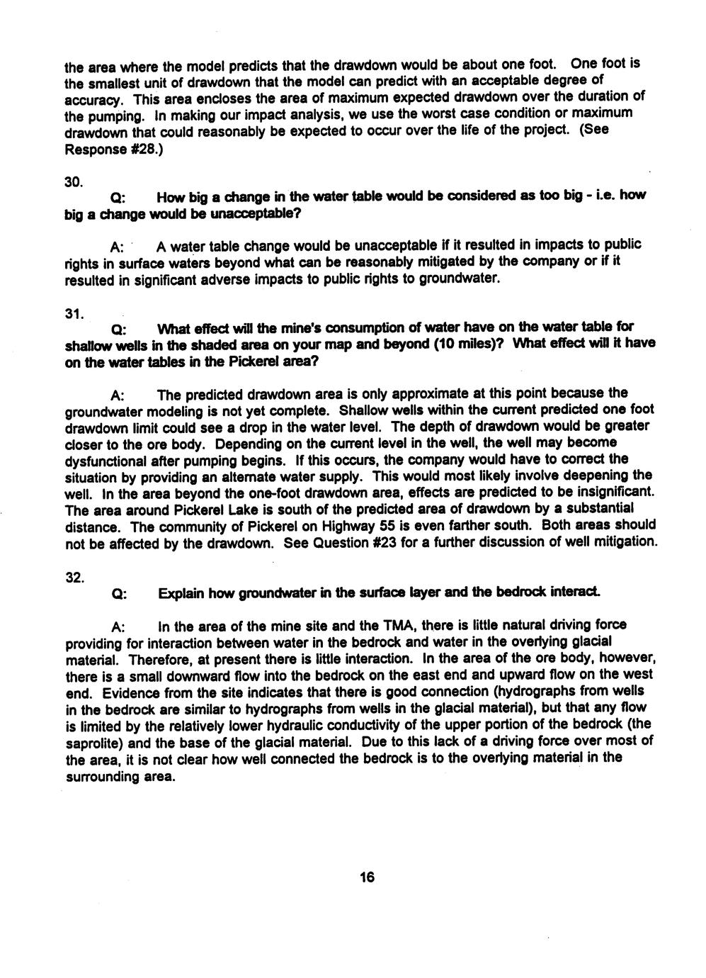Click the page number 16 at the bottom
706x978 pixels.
(x=366, y=877)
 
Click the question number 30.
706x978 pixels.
(x=72, y=181)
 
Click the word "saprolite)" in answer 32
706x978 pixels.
(x=95, y=743)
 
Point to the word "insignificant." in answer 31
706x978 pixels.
(x=614, y=493)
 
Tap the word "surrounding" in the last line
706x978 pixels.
(x=101, y=777)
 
